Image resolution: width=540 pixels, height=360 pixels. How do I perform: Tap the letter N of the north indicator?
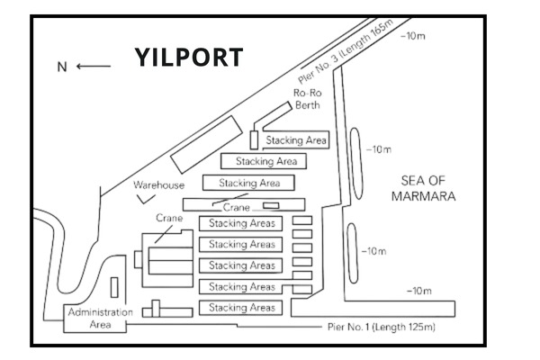(x=62, y=67)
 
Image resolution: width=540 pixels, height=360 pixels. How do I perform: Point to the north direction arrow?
(x=94, y=67)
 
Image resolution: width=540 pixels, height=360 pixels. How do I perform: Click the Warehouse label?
(x=159, y=185)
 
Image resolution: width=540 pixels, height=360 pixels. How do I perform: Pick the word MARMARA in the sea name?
(x=427, y=195)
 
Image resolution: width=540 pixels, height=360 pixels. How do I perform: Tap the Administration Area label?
(x=100, y=319)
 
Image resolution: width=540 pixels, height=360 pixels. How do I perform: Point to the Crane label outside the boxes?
(x=170, y=218)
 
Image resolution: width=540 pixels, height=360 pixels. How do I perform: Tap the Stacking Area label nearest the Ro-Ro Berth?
(x=296, y=140)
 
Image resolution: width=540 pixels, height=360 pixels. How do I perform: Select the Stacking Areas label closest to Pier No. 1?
(x=242, y=308)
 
